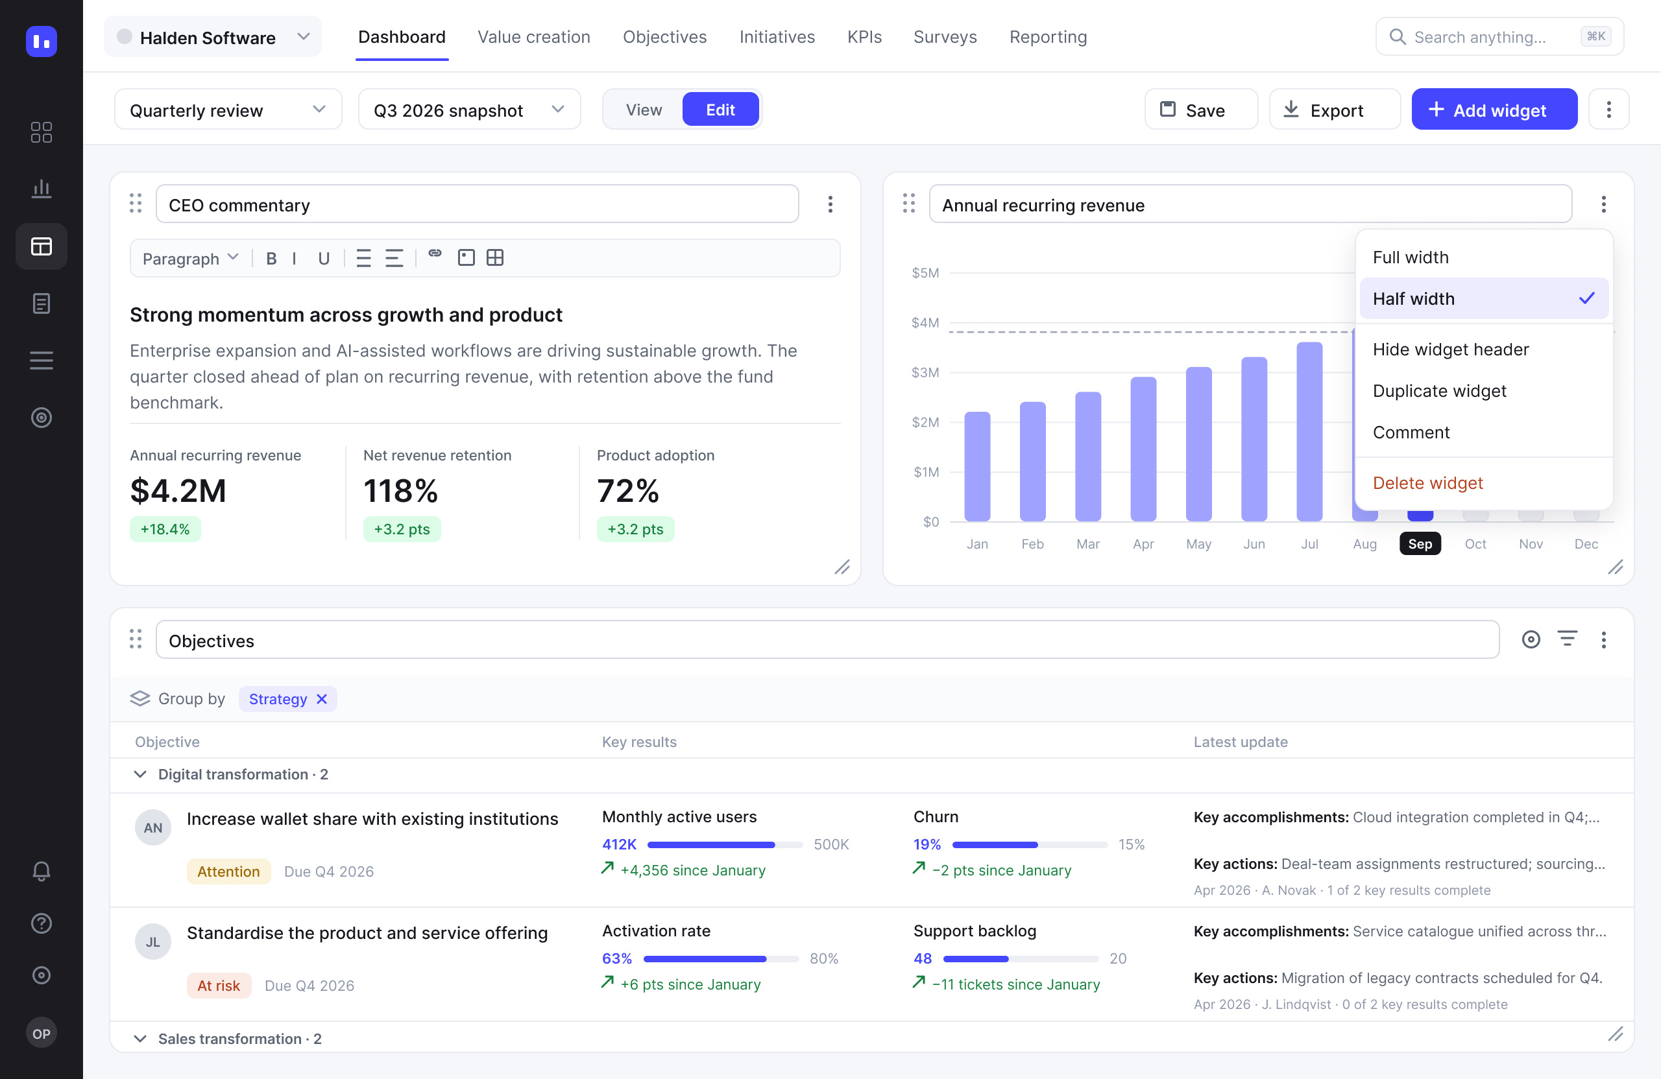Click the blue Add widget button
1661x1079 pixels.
tap(1494, 110)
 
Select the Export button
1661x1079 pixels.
tap(1334, 110)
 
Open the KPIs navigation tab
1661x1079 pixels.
tap(864, 37)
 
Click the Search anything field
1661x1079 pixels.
tap(1499, 37)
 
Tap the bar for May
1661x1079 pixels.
tap(1198, 444)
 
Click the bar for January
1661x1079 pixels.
tap(977, 467)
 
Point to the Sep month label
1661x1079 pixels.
tap(1420, 544)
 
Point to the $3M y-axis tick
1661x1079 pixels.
tap(925, 372)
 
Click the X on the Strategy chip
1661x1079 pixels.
tap(322, 699)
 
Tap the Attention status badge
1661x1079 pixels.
tap(228, 871)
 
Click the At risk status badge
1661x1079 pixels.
tap(219, 986)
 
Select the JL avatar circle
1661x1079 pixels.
tap(153, 942)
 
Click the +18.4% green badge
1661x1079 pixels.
tap(165, 528)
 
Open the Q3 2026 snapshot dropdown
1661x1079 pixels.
tap(469, 110)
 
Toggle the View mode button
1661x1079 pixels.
tap(644, 110)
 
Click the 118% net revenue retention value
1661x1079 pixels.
tap(400, 490)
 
